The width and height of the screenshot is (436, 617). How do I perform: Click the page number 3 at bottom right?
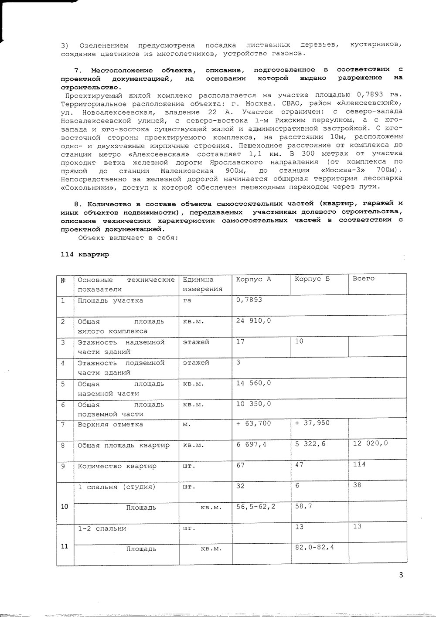pyautogui.click(x=401, y=575)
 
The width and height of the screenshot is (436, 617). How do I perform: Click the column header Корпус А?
pyautogui.click(x=253, y=279)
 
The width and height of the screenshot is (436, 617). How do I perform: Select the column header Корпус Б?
pyautogui.click(x=312, y=279)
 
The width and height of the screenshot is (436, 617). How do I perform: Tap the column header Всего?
pyautogui.click(x=364, y=279)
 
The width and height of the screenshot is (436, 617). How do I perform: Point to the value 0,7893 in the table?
pyautogui.click(x=249, y=300)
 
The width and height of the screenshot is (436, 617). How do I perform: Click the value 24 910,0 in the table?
pyautogui.click(x=253, y=320)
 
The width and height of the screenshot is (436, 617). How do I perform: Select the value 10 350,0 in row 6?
pyautogui.click(x=253, y=404)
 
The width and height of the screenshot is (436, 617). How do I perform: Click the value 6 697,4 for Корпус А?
pyautogui.click(x=252, y=444)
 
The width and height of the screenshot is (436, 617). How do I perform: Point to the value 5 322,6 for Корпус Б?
pyautogui.click(x=310, y=444)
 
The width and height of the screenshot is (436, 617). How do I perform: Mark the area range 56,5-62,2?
pyautogui.click(x=255, y=507)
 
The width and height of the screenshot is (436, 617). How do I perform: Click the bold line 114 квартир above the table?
pyautogui.click(x=85, y=255)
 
